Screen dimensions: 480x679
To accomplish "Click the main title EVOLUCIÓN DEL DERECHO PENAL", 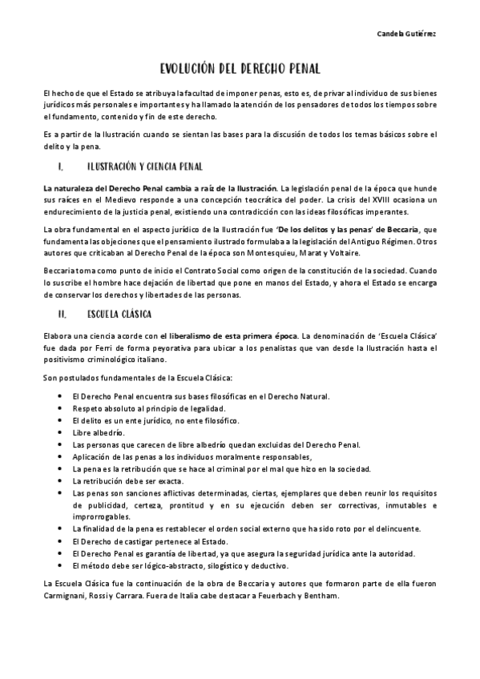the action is coord(240,70).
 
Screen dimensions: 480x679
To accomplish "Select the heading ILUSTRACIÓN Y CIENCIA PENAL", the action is coord(143,167).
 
